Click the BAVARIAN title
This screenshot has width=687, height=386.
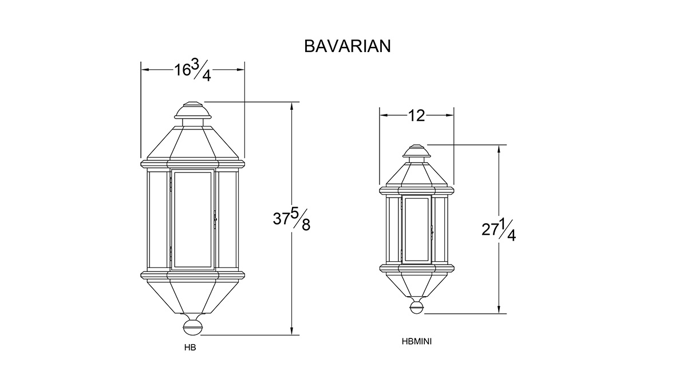348,46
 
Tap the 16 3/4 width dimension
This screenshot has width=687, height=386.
193,70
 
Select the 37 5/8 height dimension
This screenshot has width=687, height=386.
291,220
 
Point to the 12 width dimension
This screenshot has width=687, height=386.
417,116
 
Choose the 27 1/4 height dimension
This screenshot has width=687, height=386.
499,230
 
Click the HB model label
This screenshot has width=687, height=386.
190,348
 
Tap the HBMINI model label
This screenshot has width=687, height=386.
417,341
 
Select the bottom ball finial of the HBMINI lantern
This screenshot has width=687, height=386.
417,307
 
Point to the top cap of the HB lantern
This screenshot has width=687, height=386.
193,111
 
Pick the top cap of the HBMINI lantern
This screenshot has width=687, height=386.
417,151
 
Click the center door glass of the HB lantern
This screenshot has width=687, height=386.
192,219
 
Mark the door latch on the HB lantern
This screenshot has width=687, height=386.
215,219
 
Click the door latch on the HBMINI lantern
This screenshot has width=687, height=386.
432,233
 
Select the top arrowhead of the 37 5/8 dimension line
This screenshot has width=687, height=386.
291,106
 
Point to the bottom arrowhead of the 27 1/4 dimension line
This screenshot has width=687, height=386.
499,309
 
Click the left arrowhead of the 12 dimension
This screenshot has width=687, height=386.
384,115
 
